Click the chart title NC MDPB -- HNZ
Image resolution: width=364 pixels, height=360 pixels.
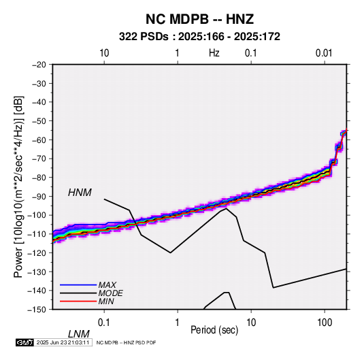pos(199,19)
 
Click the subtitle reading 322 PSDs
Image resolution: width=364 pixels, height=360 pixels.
pos(144,37)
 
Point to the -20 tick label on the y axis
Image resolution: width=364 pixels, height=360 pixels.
pos(39,65)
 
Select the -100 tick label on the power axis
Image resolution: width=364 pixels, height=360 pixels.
pos(37,215)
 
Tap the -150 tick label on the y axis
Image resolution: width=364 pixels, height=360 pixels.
pos(37,310)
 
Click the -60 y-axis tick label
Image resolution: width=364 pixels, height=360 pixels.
pos(39,140)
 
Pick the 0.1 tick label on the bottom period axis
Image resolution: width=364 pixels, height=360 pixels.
pos(104,323)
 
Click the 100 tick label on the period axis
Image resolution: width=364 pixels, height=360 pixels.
pos(325,323)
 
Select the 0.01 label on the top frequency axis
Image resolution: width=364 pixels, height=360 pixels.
pos(324,53)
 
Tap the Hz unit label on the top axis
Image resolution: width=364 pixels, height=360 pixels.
pos(214,53)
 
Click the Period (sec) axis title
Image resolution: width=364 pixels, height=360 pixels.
pos(214,330)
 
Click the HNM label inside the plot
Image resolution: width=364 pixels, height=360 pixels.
pos(80,193)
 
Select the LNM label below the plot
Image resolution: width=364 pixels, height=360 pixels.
pos(78,334)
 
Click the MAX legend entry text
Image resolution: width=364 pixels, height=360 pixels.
pos(107,285)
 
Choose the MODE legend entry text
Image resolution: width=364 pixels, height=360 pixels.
pos(110,293)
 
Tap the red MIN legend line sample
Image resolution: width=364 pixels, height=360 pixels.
pos(78,301)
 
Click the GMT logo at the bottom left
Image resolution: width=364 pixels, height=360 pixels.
pos(24,342)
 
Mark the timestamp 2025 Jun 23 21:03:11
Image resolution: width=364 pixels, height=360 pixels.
pos(63,342)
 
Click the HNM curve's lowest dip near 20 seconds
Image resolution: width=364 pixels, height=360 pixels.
pos(274,288)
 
